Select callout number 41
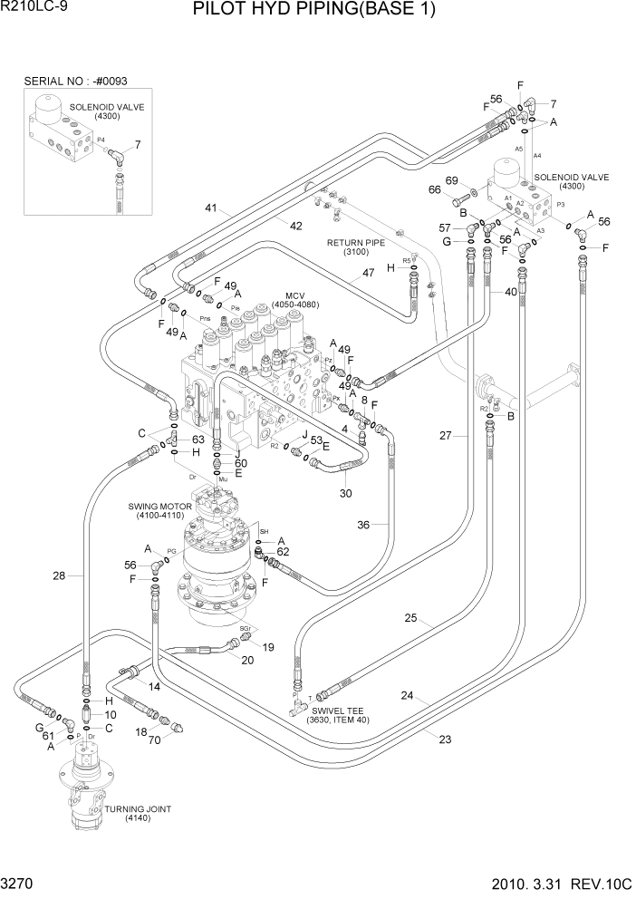pyautogui.click(x=211, y=208)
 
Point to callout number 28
pyautogui.click(x=60, y=575)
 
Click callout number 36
pyautogui.click(x=363, y=524)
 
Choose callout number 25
pyautogui.click(x=410, y=618)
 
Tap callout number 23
pyautogui.click(x=444, y=739)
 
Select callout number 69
pyautogui.click(x=452, y=180)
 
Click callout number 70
pyautogui.click(x=155, y=741)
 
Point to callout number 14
pyautogui.click(x=153, y=688)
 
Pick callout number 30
pyautogui.click(x=346, y=494)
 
